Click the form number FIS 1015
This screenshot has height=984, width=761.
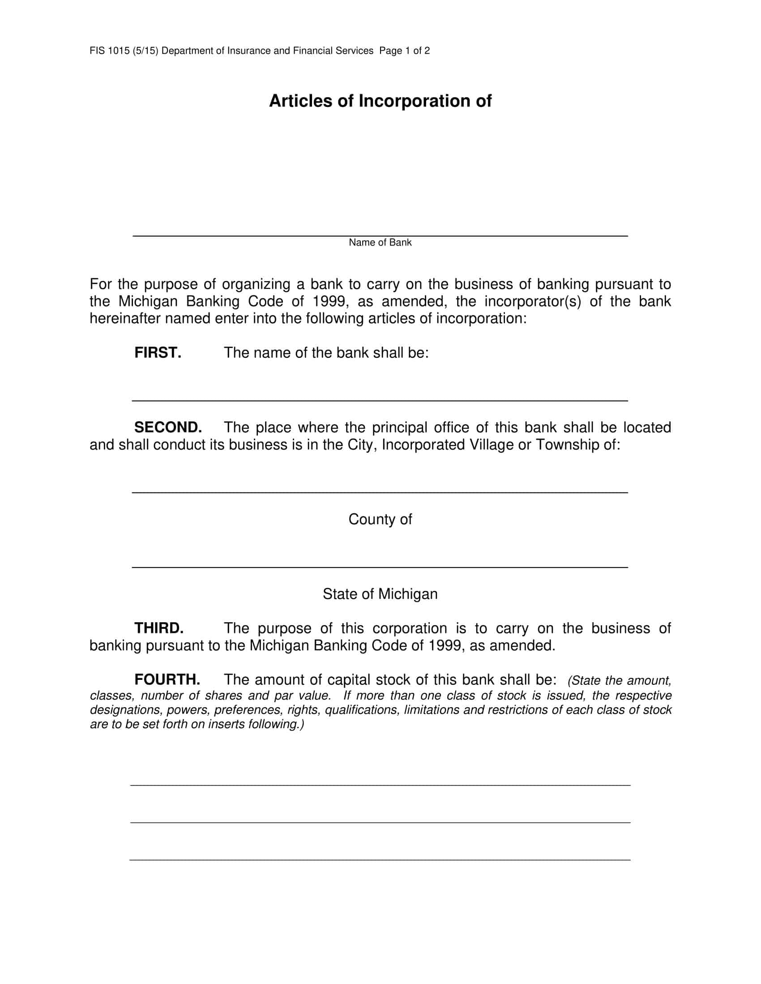coord(110,51)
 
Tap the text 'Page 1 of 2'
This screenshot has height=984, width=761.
coord(404,51)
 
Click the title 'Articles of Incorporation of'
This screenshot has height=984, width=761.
coord(380,102)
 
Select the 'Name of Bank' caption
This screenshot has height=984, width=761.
coord(380,243)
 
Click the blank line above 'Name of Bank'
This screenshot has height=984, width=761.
coord(380,235)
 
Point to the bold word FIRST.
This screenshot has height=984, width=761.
coord(158,353)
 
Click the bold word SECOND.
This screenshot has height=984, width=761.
coord(168,427)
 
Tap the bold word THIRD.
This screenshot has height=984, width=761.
coord(159,628)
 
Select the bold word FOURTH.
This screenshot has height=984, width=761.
coord(167,679)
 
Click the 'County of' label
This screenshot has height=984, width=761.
coord(380,519)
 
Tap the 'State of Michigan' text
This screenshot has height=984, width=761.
coord(380,594)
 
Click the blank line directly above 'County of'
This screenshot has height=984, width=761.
coord(380,492)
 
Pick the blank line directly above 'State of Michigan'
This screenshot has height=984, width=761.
coord(380,566)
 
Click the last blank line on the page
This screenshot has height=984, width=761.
coord(380,860)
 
